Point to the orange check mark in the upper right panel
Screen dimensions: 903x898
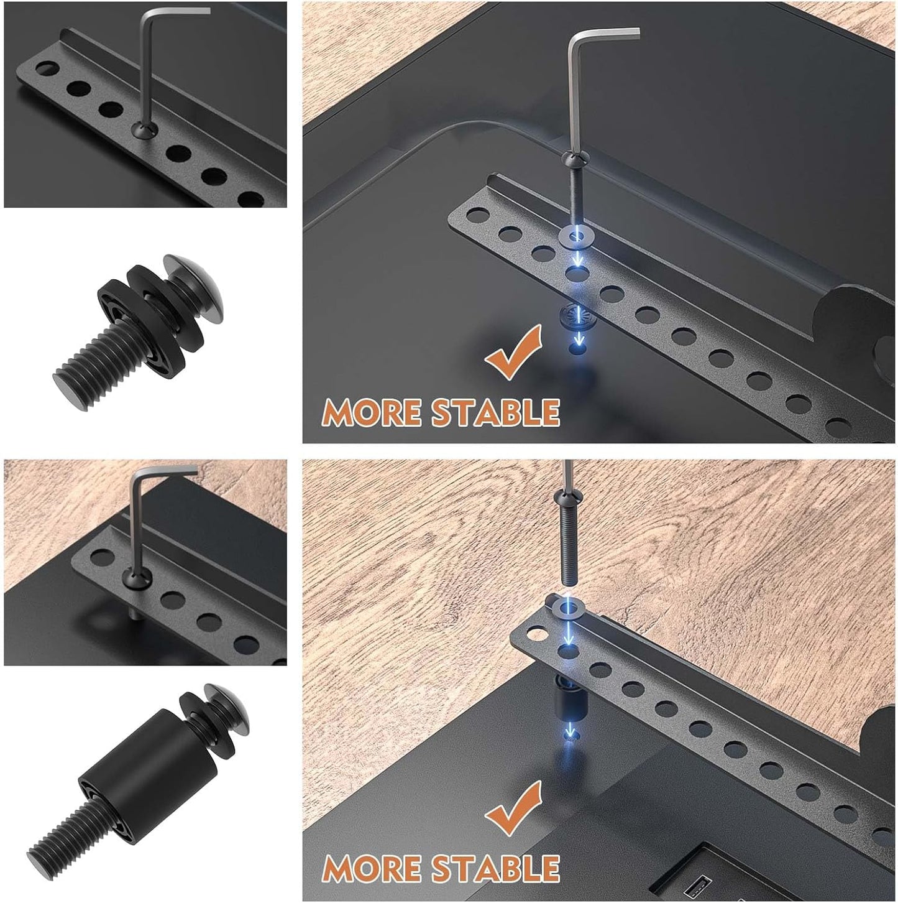click(x=513, y=353)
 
